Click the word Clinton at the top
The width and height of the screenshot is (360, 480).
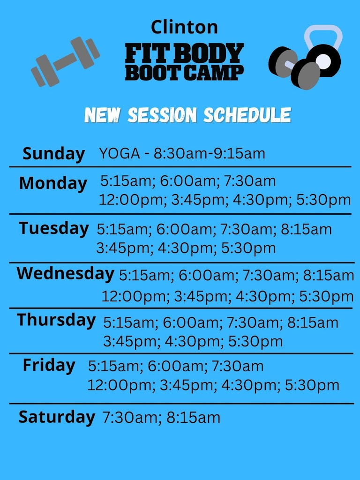click(x=184, y=27)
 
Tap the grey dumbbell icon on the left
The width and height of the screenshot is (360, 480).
click(x=66, y=62)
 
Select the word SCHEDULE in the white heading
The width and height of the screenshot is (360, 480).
click(x=247, y=115)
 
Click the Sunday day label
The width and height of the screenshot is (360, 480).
click(x=54, y=154)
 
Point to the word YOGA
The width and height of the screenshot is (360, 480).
click(x=119, y=153)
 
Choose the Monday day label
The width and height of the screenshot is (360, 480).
click(x=53, y=183)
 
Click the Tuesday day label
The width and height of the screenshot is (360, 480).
click(x=54, y=228)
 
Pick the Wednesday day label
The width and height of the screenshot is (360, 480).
click(x=65, y=273)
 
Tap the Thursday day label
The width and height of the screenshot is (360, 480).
click(x=56, y=320)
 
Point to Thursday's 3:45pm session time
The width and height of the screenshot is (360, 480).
click(x=126, y=341)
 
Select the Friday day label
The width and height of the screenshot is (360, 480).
click(x=49, y=365)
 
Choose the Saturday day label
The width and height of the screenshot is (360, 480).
click(x=56, y=417)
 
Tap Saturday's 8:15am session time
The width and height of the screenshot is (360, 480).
click(x=193, y=418)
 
